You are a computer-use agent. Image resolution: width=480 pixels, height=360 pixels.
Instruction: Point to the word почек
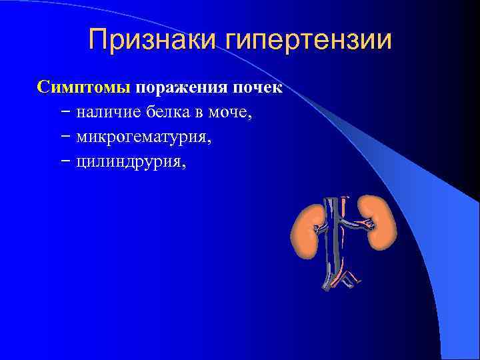click(x=256, y=88)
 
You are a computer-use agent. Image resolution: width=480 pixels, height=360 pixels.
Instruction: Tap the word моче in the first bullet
click(x=229, y=113)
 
